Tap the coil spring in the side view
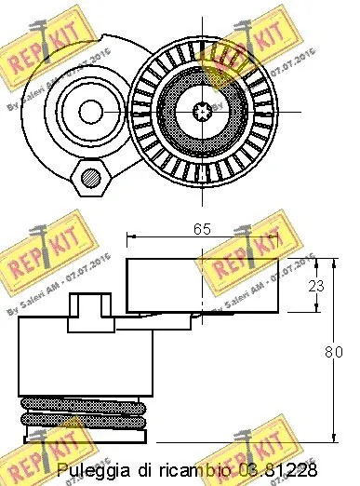84,420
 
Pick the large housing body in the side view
84,358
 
